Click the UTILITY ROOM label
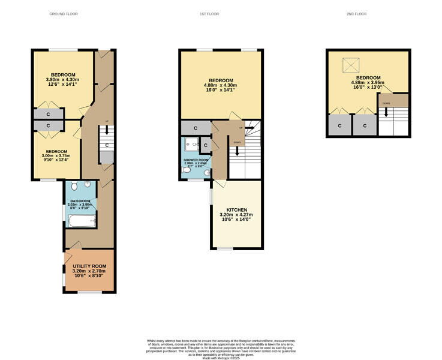89,266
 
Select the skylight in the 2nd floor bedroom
349,64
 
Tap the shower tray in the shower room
192,144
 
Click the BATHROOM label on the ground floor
80,201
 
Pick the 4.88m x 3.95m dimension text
368,83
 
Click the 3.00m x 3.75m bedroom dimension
56,157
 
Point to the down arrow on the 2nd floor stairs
386,111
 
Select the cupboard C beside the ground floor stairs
107,145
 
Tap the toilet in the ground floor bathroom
88,185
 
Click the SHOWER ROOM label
195,160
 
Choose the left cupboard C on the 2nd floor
339,126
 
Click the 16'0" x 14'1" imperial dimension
221,91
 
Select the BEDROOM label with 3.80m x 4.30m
62,74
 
